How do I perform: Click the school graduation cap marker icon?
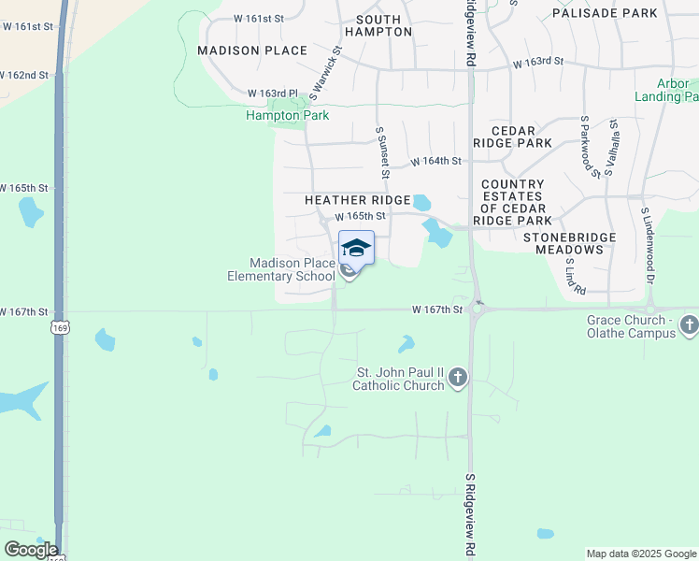tap(356, 249)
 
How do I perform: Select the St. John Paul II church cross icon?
tap(458, 377)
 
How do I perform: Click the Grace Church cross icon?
tap(690, 325)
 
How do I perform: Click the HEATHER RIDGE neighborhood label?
tap(358, 200)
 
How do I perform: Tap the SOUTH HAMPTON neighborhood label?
tap(378, 25)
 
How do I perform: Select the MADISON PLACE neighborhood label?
tap(252, 50)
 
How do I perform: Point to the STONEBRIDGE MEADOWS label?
tap(569, 243)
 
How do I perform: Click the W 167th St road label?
tap(438, 309)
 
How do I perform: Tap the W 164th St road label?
tap(437, 161)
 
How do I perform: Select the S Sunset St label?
tap(381, 153)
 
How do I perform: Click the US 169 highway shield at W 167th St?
tap(59, 328)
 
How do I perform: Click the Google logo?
tap(31, 549)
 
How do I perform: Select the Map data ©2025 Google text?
tap(640, 554)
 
